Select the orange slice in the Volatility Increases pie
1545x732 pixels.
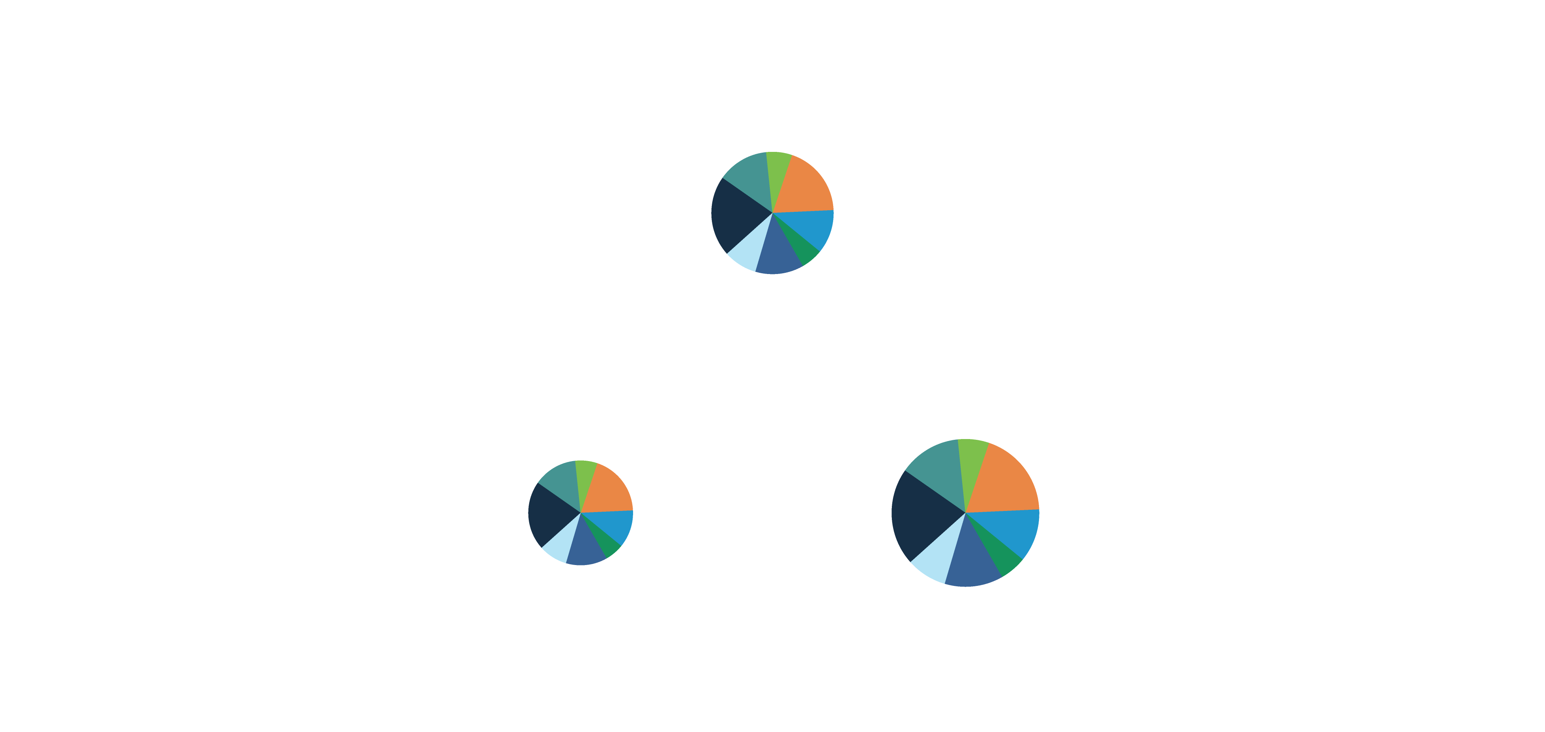pos(607,491)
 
